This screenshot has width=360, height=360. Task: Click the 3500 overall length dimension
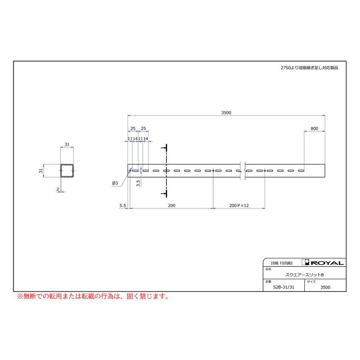point(226,113)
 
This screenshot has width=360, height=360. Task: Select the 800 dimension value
point(314,128)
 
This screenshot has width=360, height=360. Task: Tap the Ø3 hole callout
point(115,183)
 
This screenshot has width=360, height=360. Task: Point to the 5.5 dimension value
point(123,206)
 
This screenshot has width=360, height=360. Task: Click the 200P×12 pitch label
point(239,206)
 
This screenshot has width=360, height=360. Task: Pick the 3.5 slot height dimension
point(138,183)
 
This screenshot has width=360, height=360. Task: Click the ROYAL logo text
point(327,263)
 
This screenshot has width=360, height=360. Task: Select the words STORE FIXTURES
point(282,263)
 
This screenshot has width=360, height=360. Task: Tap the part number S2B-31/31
point(284,287)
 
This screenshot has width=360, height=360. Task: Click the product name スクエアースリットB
point(304,275)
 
